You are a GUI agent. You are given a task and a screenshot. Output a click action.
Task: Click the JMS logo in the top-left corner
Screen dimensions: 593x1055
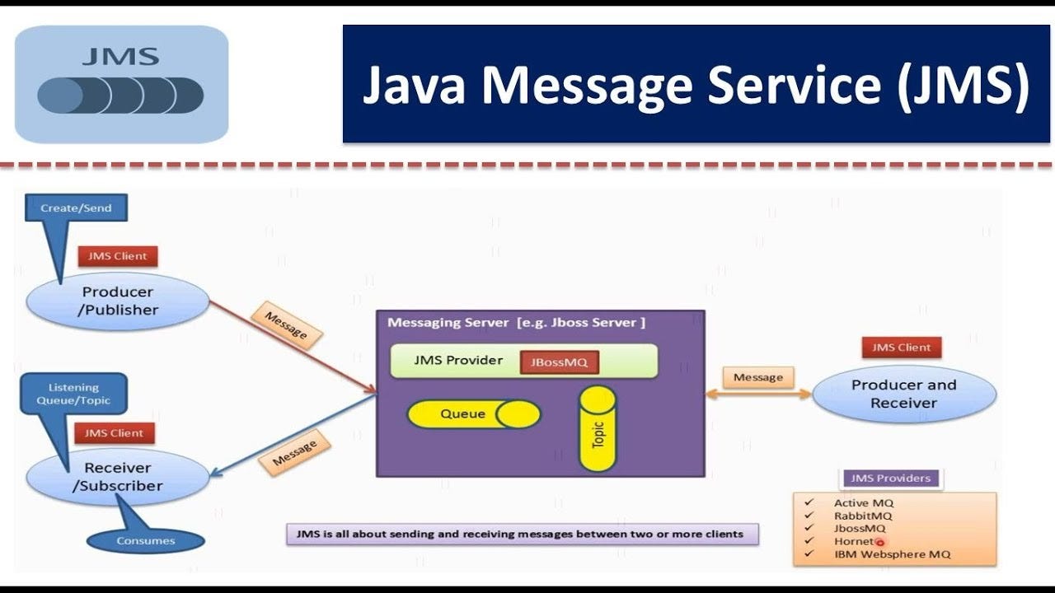(x=121, y=84)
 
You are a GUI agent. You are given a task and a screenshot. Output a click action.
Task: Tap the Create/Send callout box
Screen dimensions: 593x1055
(x=77, y=208)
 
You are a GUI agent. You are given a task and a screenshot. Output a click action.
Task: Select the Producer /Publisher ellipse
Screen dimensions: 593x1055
(x=117, y=301)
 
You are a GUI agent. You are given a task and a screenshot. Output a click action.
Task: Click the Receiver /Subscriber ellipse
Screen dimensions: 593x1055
(x=117, y=477)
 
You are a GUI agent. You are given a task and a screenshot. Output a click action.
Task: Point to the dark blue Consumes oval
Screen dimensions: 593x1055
(x=145, y=541)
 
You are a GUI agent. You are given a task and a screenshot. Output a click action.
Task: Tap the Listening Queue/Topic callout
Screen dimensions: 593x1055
(x=73, y=394)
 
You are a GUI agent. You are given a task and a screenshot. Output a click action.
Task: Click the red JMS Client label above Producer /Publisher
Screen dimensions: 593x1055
(x=117, y=256)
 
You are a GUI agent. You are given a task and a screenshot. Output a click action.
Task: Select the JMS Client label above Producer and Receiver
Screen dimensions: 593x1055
(x=901, y=348)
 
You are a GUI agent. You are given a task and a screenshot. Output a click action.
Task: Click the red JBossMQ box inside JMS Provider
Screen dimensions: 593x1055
(x=559, y=362)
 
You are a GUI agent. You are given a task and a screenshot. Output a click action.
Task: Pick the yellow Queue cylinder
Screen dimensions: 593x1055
(x=473, y=414)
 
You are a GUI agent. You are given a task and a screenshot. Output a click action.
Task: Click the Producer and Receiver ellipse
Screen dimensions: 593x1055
(x=903, y=395)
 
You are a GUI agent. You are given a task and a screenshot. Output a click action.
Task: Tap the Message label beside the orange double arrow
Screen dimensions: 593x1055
(x=757, y=377)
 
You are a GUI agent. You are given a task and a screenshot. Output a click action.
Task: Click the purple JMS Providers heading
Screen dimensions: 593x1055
(x=890, y=479)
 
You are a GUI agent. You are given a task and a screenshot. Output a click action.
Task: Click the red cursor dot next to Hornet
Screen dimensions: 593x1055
(x=879, y=542)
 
